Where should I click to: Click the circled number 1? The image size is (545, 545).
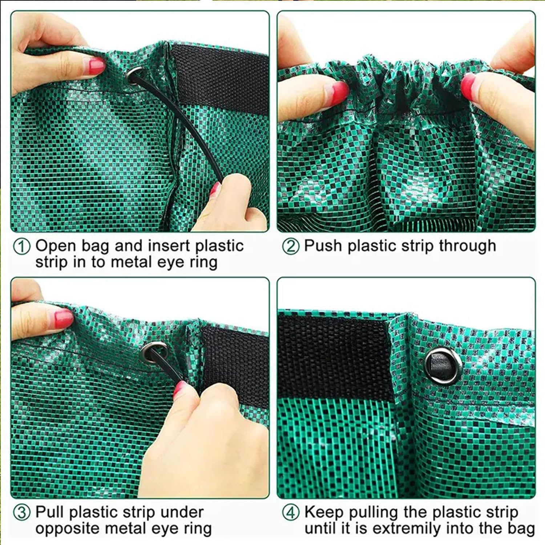21,247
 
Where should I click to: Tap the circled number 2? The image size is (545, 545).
290,246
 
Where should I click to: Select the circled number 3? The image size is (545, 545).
21,513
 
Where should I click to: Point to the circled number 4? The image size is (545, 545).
291,513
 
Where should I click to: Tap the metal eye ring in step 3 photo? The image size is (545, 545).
153,351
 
